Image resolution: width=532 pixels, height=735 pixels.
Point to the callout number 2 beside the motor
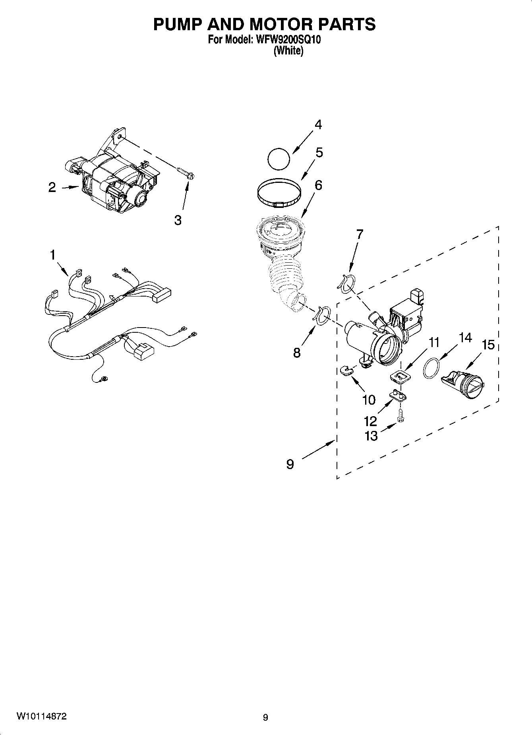(52, 187)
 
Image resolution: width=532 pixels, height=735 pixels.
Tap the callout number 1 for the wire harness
(52, 255)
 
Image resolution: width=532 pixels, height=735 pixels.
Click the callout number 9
(290, 463)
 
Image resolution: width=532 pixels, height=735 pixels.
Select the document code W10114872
(41, 716)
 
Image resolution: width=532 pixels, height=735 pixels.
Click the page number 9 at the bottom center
(265, 718)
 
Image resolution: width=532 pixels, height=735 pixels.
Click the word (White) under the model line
(288, 51)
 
